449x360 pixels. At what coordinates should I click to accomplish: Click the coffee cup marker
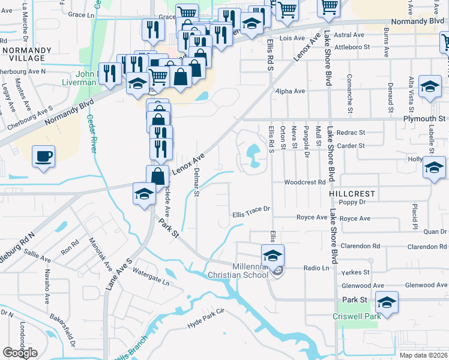pos(43,157)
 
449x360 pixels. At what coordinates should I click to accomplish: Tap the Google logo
pos(20,353)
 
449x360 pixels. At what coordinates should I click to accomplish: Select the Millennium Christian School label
pos(237,271)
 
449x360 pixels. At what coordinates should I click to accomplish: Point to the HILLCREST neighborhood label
pos(352,194)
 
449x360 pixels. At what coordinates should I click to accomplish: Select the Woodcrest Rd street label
pos(305,182)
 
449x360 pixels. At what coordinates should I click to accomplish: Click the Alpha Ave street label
pos(290,91)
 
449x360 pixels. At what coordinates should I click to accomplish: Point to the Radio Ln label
pos(317,268)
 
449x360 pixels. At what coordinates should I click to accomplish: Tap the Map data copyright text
pos(424,355)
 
